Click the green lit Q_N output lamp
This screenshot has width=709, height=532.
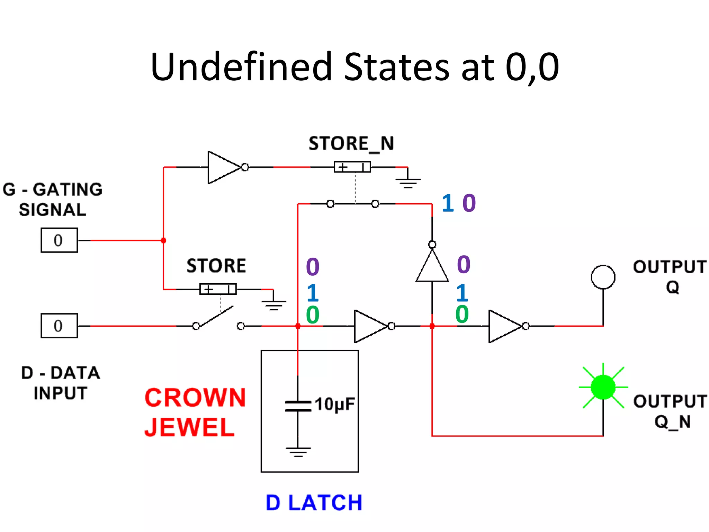[603, 387]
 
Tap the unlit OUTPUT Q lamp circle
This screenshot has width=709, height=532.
[603, 277]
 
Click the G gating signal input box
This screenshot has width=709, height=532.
[59, 240]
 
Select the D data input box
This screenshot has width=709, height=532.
[59, 326]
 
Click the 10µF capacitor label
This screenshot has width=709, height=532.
[334, 404]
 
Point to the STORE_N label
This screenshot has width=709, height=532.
[351, 143]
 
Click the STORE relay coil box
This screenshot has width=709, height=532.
[218, 289]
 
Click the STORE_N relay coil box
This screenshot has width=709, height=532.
[352, 167]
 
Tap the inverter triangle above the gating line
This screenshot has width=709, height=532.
[223, 167]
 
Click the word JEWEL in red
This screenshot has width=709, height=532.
[189, 427]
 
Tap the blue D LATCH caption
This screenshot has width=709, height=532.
[314, 503]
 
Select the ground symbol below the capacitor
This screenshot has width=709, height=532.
[298, 451]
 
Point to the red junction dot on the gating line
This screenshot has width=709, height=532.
[163, 240]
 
